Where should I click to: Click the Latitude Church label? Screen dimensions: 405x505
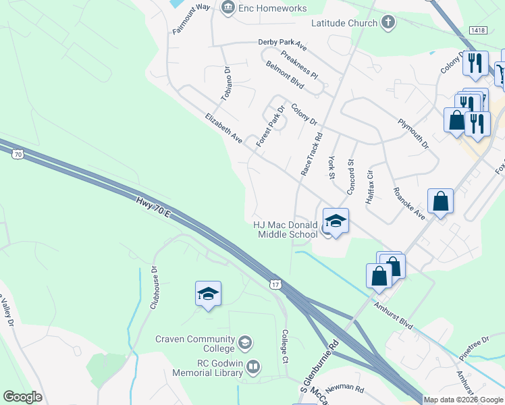(x=344, y=23)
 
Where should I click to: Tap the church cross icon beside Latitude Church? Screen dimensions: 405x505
(x=388, y=23)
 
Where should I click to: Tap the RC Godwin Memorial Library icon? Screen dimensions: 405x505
(x=253, y=368)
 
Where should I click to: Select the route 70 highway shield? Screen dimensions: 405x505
(x=18, y=154)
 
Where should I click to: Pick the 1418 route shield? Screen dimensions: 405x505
(x=477, y=30)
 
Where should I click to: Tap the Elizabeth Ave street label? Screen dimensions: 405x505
(x=223, y=128)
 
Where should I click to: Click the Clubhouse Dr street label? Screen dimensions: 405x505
(x=154, y=287)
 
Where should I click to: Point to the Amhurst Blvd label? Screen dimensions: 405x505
(x=394, y=314)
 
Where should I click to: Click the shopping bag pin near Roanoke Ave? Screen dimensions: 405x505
(x=440, y=202)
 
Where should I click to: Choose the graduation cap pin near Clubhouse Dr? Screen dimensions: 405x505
(x=209, y=294)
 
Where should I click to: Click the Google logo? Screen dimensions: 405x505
(x=22, y=397)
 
